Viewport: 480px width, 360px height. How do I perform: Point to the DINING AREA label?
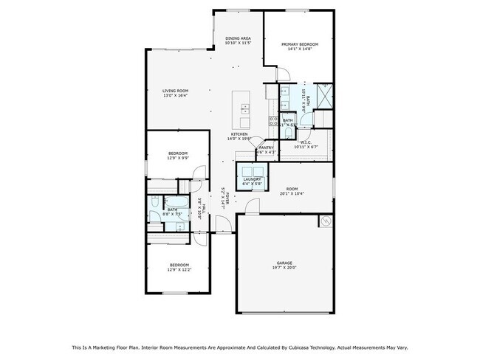[238, 38]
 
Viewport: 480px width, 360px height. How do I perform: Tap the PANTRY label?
[266, 148]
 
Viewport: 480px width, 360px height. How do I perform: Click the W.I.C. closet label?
[305, 142]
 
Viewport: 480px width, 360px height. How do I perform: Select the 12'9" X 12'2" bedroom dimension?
[179, 270]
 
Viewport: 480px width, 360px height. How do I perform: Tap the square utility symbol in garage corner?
[324, 220]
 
